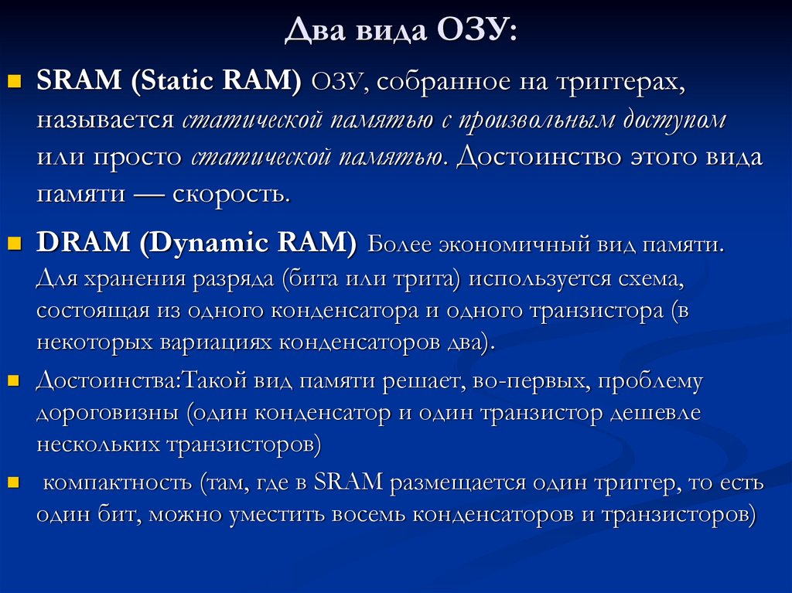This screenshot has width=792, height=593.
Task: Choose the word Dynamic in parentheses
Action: [204, 244]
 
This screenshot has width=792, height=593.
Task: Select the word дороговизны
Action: [109, 412]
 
